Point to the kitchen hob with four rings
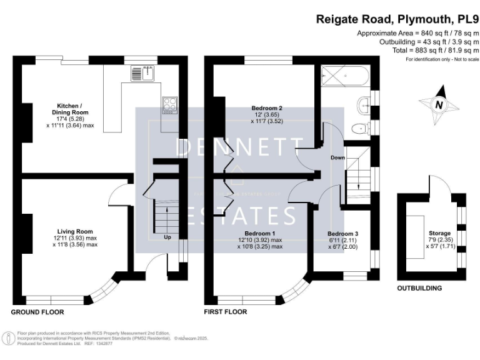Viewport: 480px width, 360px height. point(169,104)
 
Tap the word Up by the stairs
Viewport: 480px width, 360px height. point(167,237)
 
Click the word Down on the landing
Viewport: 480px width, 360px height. point(337,158)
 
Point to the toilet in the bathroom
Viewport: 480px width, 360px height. point(360,129)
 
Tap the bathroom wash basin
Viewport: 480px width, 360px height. point(364,104)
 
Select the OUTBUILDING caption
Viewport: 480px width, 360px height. point(419,288)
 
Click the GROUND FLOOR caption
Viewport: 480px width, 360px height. point(37,311)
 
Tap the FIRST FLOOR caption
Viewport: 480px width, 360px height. point(226,311)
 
